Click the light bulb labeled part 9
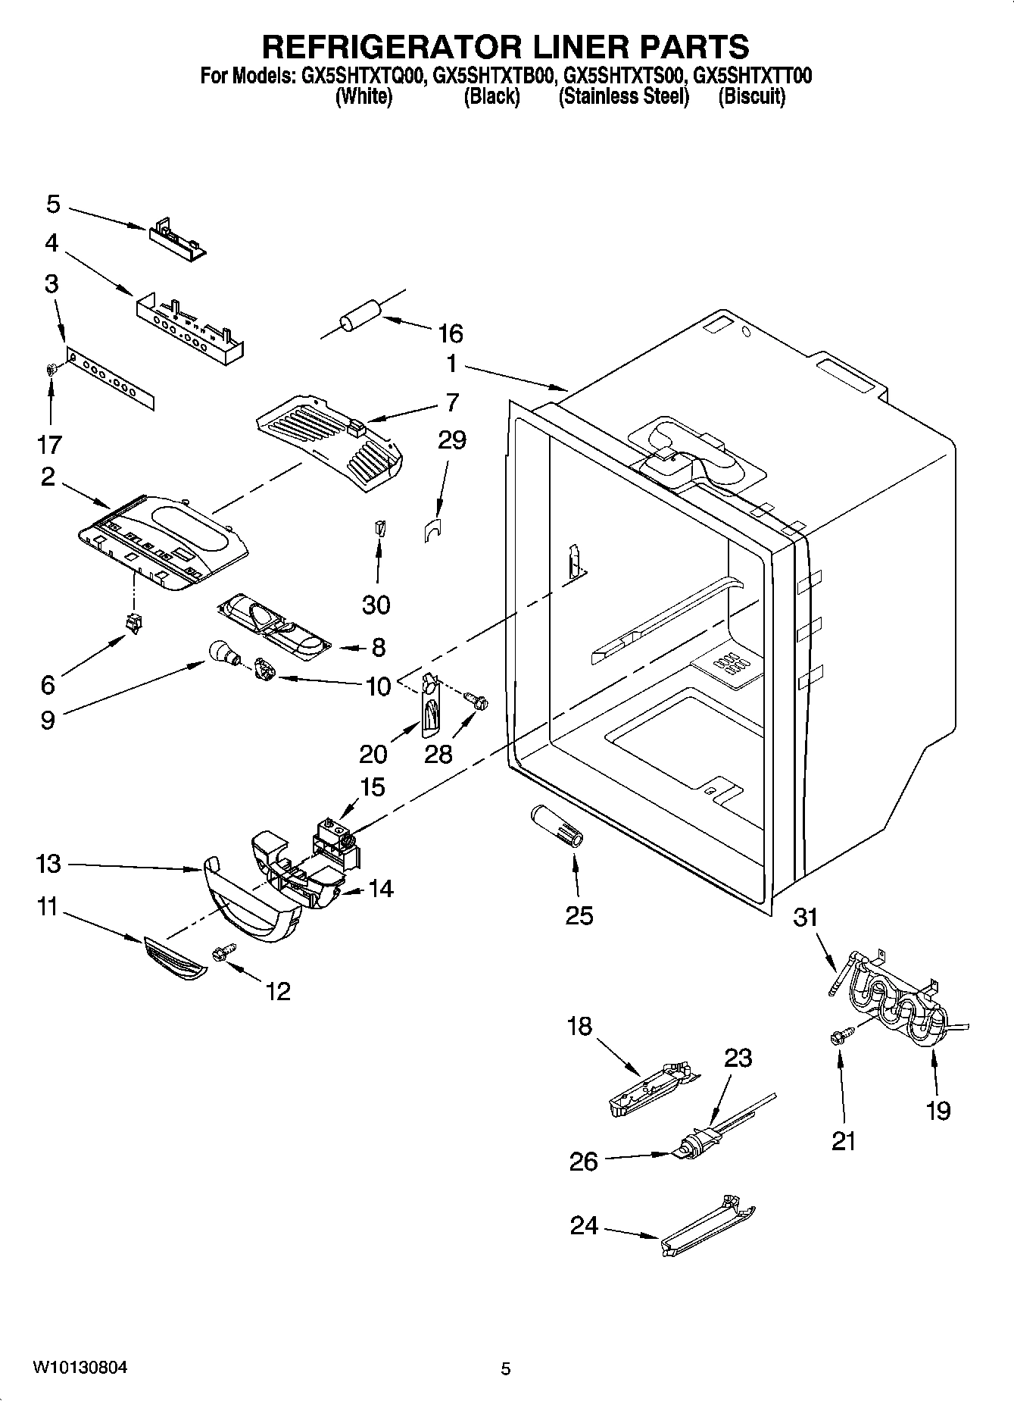pos(222,652)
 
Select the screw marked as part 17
pos(52,370)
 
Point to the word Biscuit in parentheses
pos(751,96)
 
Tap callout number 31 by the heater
pos(805,918)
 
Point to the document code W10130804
pos(79,1368)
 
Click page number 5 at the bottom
pos(506,1368)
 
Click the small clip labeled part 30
pos(380,527)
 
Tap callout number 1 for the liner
pos(451,364)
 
